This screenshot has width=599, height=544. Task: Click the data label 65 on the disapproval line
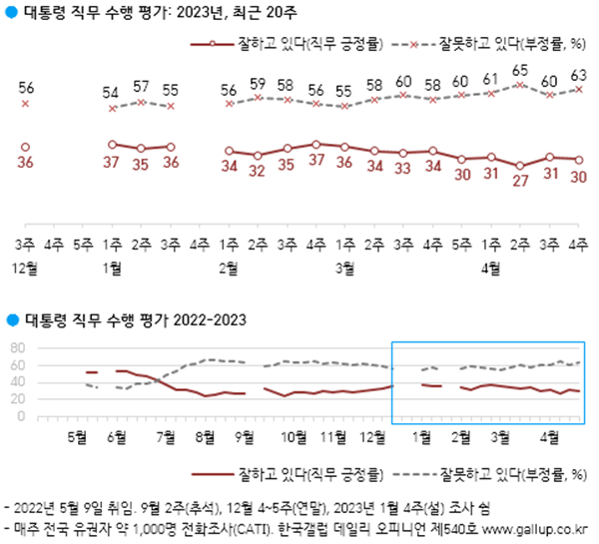tap(520, 71)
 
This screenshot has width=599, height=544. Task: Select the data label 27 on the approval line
tap(520, 181)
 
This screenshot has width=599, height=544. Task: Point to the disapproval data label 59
tap(258, 83)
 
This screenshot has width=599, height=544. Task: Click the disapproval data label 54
tap(113, 92)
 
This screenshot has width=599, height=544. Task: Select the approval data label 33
tap(403, 169)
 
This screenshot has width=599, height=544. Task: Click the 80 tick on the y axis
tap(16, 347)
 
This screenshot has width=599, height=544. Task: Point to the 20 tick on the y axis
tap(16, 399)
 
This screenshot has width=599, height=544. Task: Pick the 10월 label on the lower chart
tap(294, 437)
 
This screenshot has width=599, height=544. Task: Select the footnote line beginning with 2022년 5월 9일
tap(243, 507)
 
